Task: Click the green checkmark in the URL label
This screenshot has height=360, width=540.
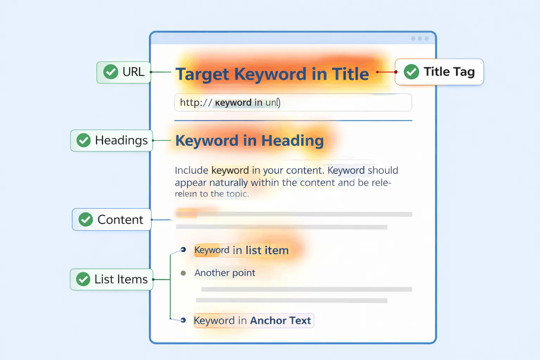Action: (x=111, y=72)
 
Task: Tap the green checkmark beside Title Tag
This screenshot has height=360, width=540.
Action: (x=411, y=72)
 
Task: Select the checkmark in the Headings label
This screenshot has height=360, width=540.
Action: (x=84, y=140)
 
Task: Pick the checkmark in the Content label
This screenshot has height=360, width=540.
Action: (x=86, y=219)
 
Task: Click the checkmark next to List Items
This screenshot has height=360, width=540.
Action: (x=83, y=279)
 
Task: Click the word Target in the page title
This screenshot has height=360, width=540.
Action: (x=202, y=75)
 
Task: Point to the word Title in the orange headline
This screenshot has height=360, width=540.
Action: (x=350, y=74)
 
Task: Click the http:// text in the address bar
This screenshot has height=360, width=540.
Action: (x=196, y=103)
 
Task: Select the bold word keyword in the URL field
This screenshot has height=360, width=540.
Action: (x=233, y=103)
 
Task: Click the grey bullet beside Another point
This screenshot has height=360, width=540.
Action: (x=183, y=273)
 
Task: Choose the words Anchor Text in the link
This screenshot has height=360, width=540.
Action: (x=280, y=321)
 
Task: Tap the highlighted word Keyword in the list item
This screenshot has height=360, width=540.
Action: (x=212, y=250)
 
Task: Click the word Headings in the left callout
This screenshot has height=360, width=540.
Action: (x=121, y=140)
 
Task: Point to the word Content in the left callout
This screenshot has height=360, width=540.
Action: (x=120, y=220)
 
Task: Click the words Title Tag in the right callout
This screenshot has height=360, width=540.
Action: (x=449, y=72)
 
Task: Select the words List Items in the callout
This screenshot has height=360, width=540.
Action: (x=121, y=279)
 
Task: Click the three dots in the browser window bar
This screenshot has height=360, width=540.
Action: (x=420, y=38)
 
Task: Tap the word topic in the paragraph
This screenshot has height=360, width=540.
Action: (x=237, y=194)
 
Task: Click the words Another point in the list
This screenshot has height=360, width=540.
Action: (x=225, y=273)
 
